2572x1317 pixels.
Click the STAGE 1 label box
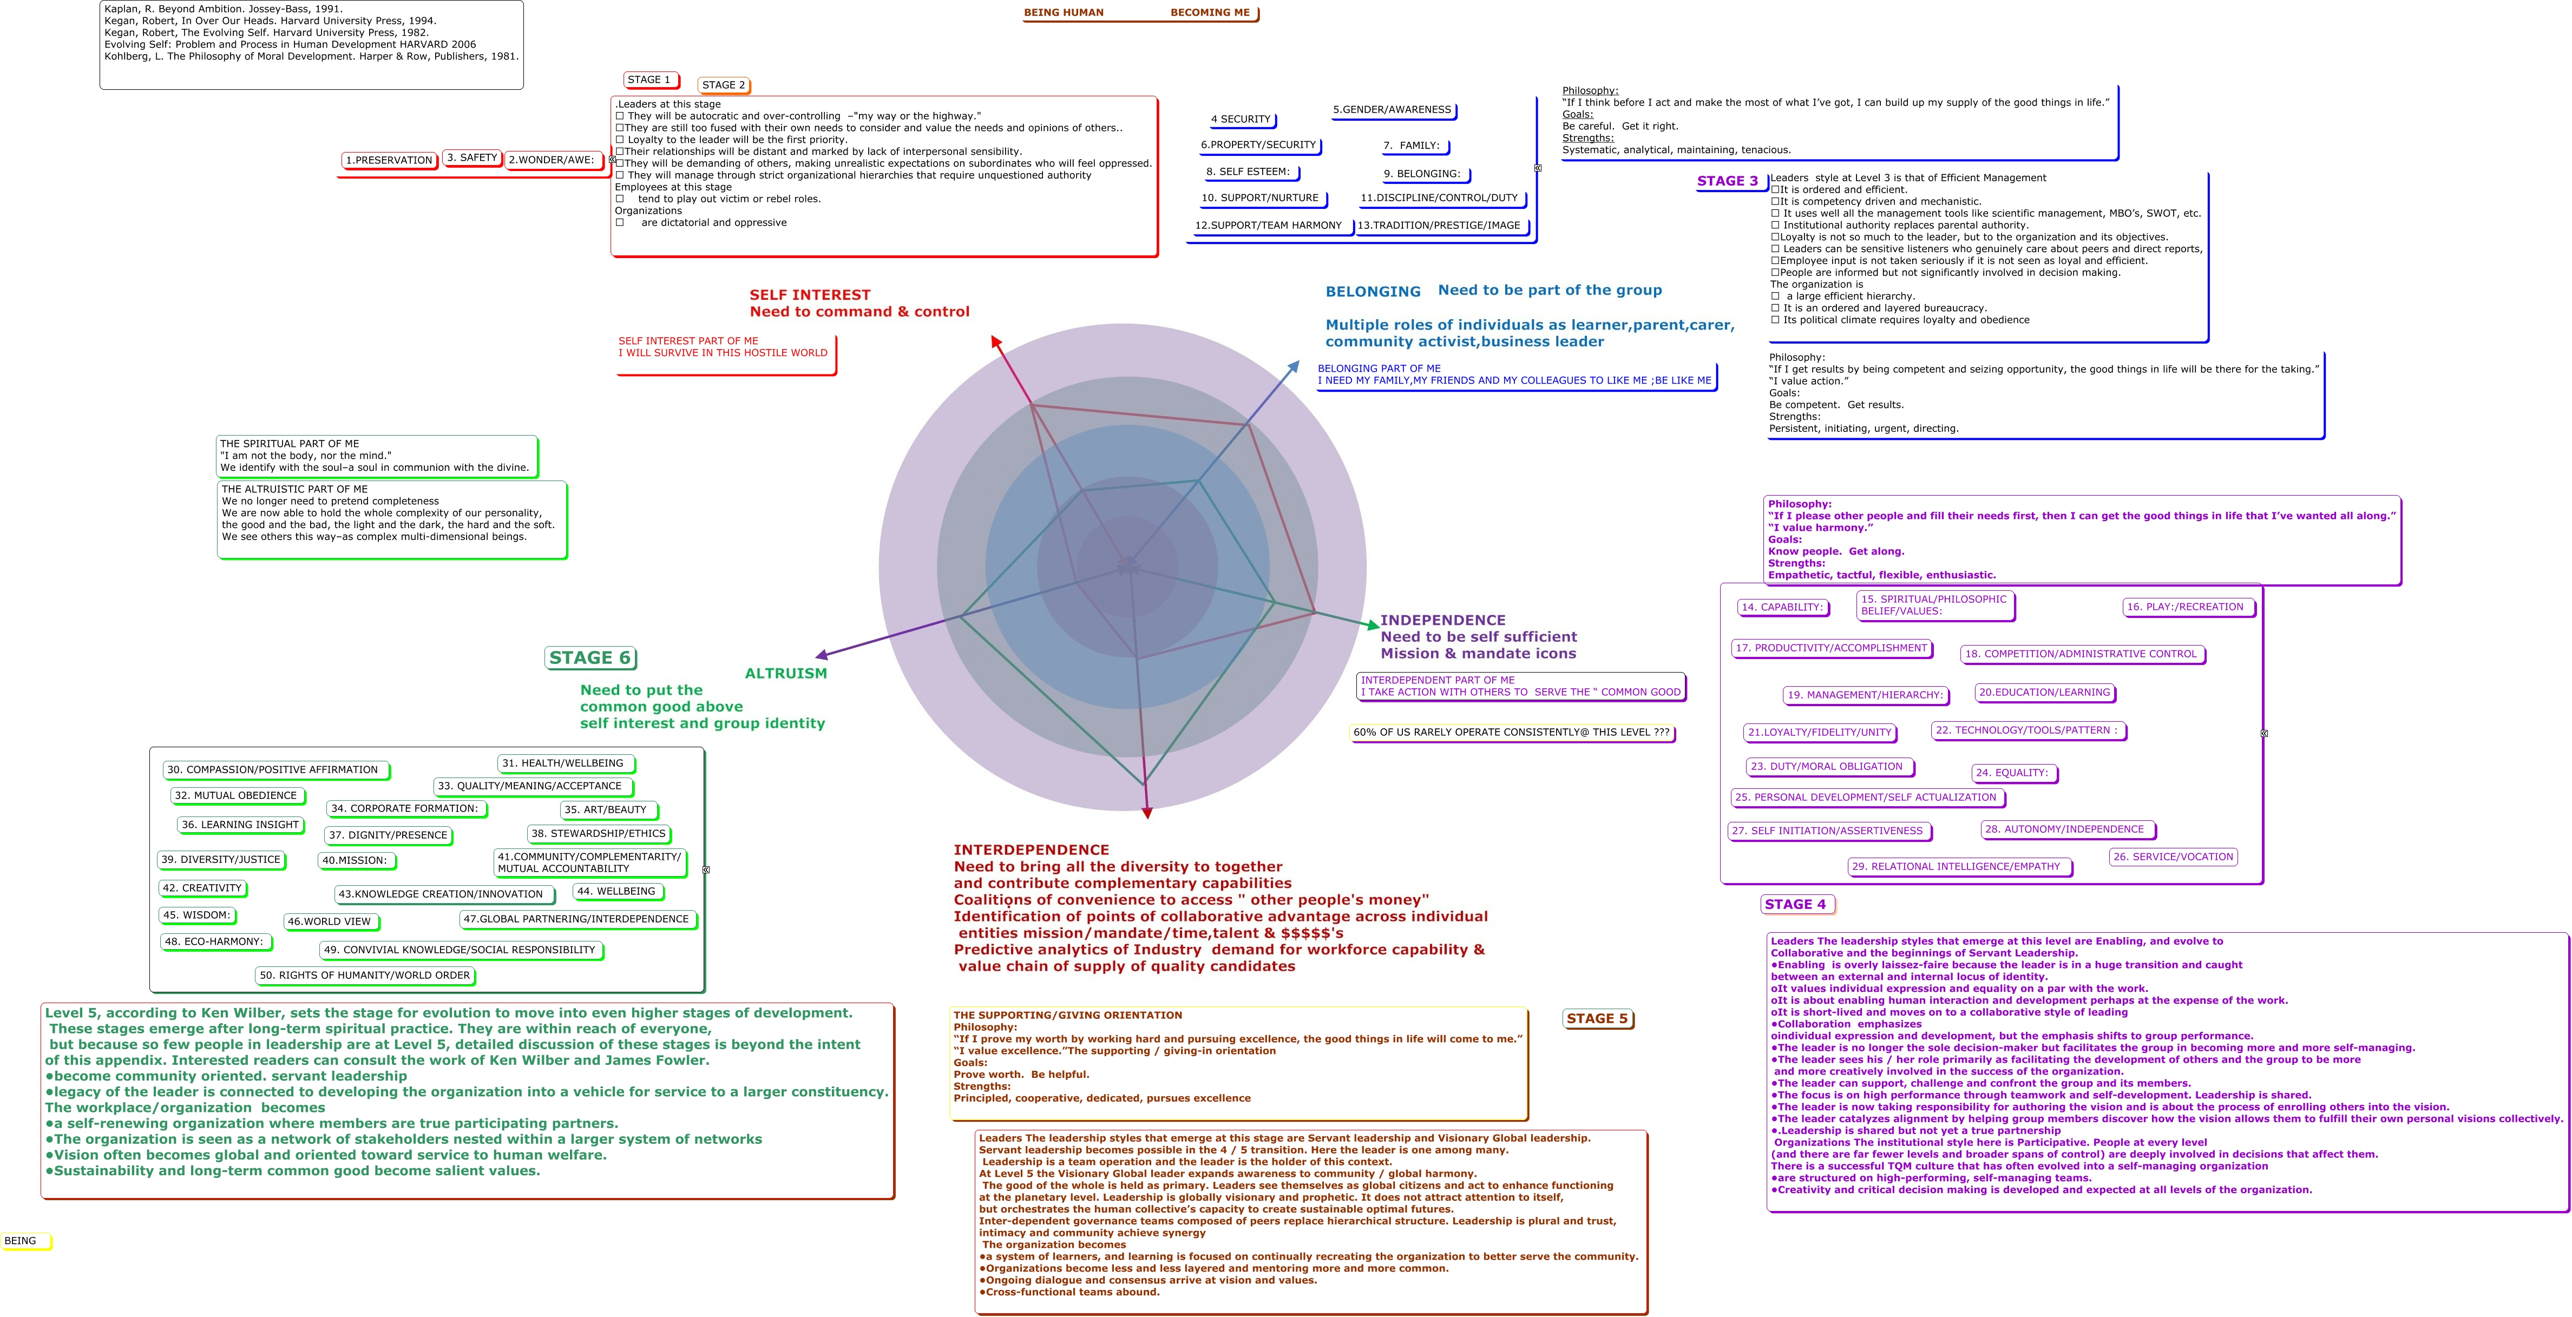tap(650, 80)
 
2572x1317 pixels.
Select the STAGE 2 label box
tap(724, 85)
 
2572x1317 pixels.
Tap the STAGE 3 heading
tap(1727, 181)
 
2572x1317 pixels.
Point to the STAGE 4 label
tap(1796, 905)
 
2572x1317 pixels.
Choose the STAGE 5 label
tap(1598, 1018)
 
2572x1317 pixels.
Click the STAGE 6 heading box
tap(590, 658)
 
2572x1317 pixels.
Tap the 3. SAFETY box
tap(473, 158)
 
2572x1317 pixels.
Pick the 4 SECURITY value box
tap(1241, 120)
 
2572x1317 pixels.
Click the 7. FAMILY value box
tap(1412, 146)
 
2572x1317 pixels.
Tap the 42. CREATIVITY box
tap(202, 888)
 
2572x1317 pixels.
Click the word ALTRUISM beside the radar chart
tap(786, 673)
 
